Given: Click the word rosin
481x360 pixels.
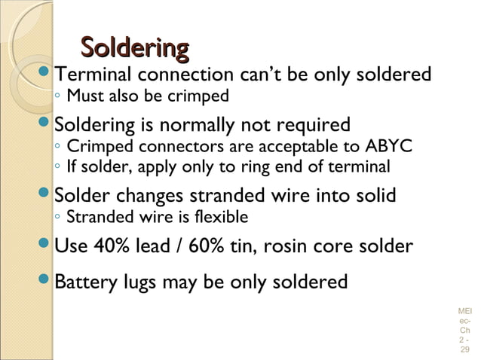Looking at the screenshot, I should click(x=296, y=246).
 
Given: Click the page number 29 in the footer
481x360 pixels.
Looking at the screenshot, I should click(x=464, y=350).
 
